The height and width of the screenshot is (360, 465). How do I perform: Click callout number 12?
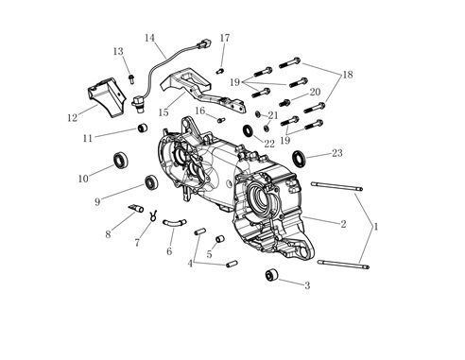pos(72,118)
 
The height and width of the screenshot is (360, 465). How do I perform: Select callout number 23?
pos(336,153)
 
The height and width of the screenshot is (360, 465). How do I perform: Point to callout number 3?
pos(305,284)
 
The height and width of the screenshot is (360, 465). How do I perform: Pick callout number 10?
pos(83,178)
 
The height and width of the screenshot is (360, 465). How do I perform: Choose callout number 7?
pos(137,243)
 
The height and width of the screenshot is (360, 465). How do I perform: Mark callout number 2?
pos(343,224)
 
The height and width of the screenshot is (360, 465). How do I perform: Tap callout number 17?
pos(224,38)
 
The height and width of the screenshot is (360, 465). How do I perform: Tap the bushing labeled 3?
pos(271,276)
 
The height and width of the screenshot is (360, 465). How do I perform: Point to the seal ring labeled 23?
pos(298,157)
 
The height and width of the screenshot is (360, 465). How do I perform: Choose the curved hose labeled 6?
pos(172,224)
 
